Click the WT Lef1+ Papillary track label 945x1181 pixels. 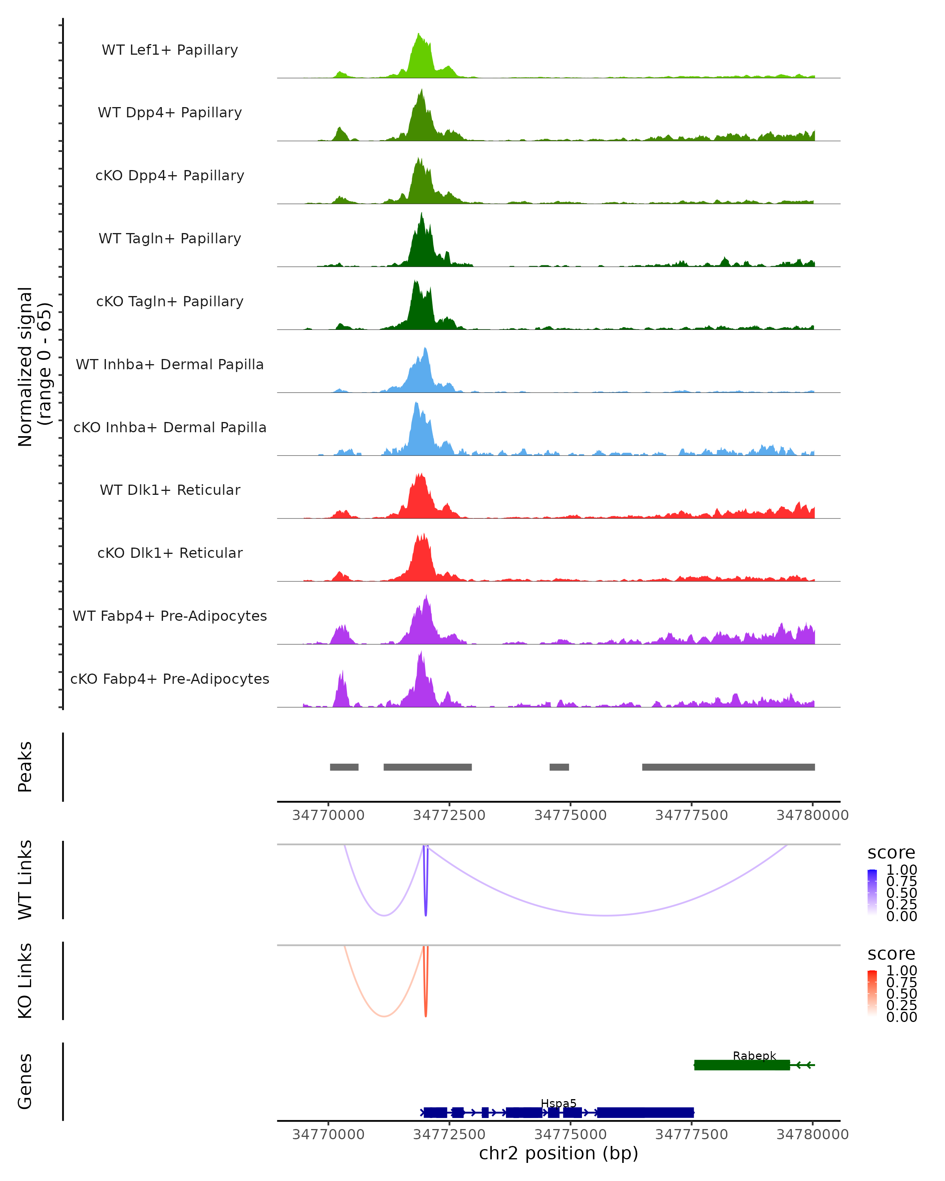pyautogui.click(x=170, y=50)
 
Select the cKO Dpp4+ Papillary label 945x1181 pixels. pyautogui.click(x=170, y=175)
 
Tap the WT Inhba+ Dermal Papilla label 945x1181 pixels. pyautogui.click(x=170, y=364)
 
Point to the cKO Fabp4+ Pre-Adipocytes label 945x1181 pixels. pyautogui.click(x=170, y=679)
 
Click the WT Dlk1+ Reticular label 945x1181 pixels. pyautogui.click(x=170, y=490)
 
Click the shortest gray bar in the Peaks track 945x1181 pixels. pyautogui.click(x=559, y=767)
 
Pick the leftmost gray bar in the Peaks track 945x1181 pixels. pyautogui.click(x=344, y=767)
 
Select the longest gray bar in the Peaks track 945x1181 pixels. pyautogui.click(x=728, y=767)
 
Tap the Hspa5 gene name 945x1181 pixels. pyautogui.click(x=558, y=1103)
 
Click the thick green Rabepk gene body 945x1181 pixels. pyautogui.click(x=742, y=1065)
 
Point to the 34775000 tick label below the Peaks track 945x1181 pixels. pyautogui.click(x=570, y=815)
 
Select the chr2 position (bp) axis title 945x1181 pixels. pyautogui.click(x=558, y=1153)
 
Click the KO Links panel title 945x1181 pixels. pyautogui.click(x=25, y=981)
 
